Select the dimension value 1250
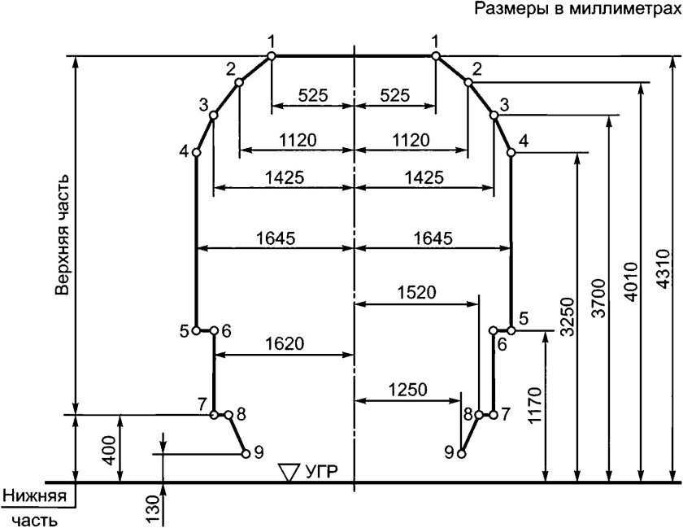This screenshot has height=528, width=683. tap(407, 389)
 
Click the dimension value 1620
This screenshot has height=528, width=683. tap(284, 343)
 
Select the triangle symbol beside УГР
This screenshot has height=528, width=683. tap(289, 471)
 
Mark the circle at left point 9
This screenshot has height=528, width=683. tap(246, 453)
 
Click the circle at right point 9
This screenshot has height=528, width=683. tap(461, 453)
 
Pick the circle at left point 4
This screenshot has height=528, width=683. tap(196, 152)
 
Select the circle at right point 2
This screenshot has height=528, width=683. tap(468, 81)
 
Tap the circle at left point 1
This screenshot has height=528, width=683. tap(272, 55)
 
